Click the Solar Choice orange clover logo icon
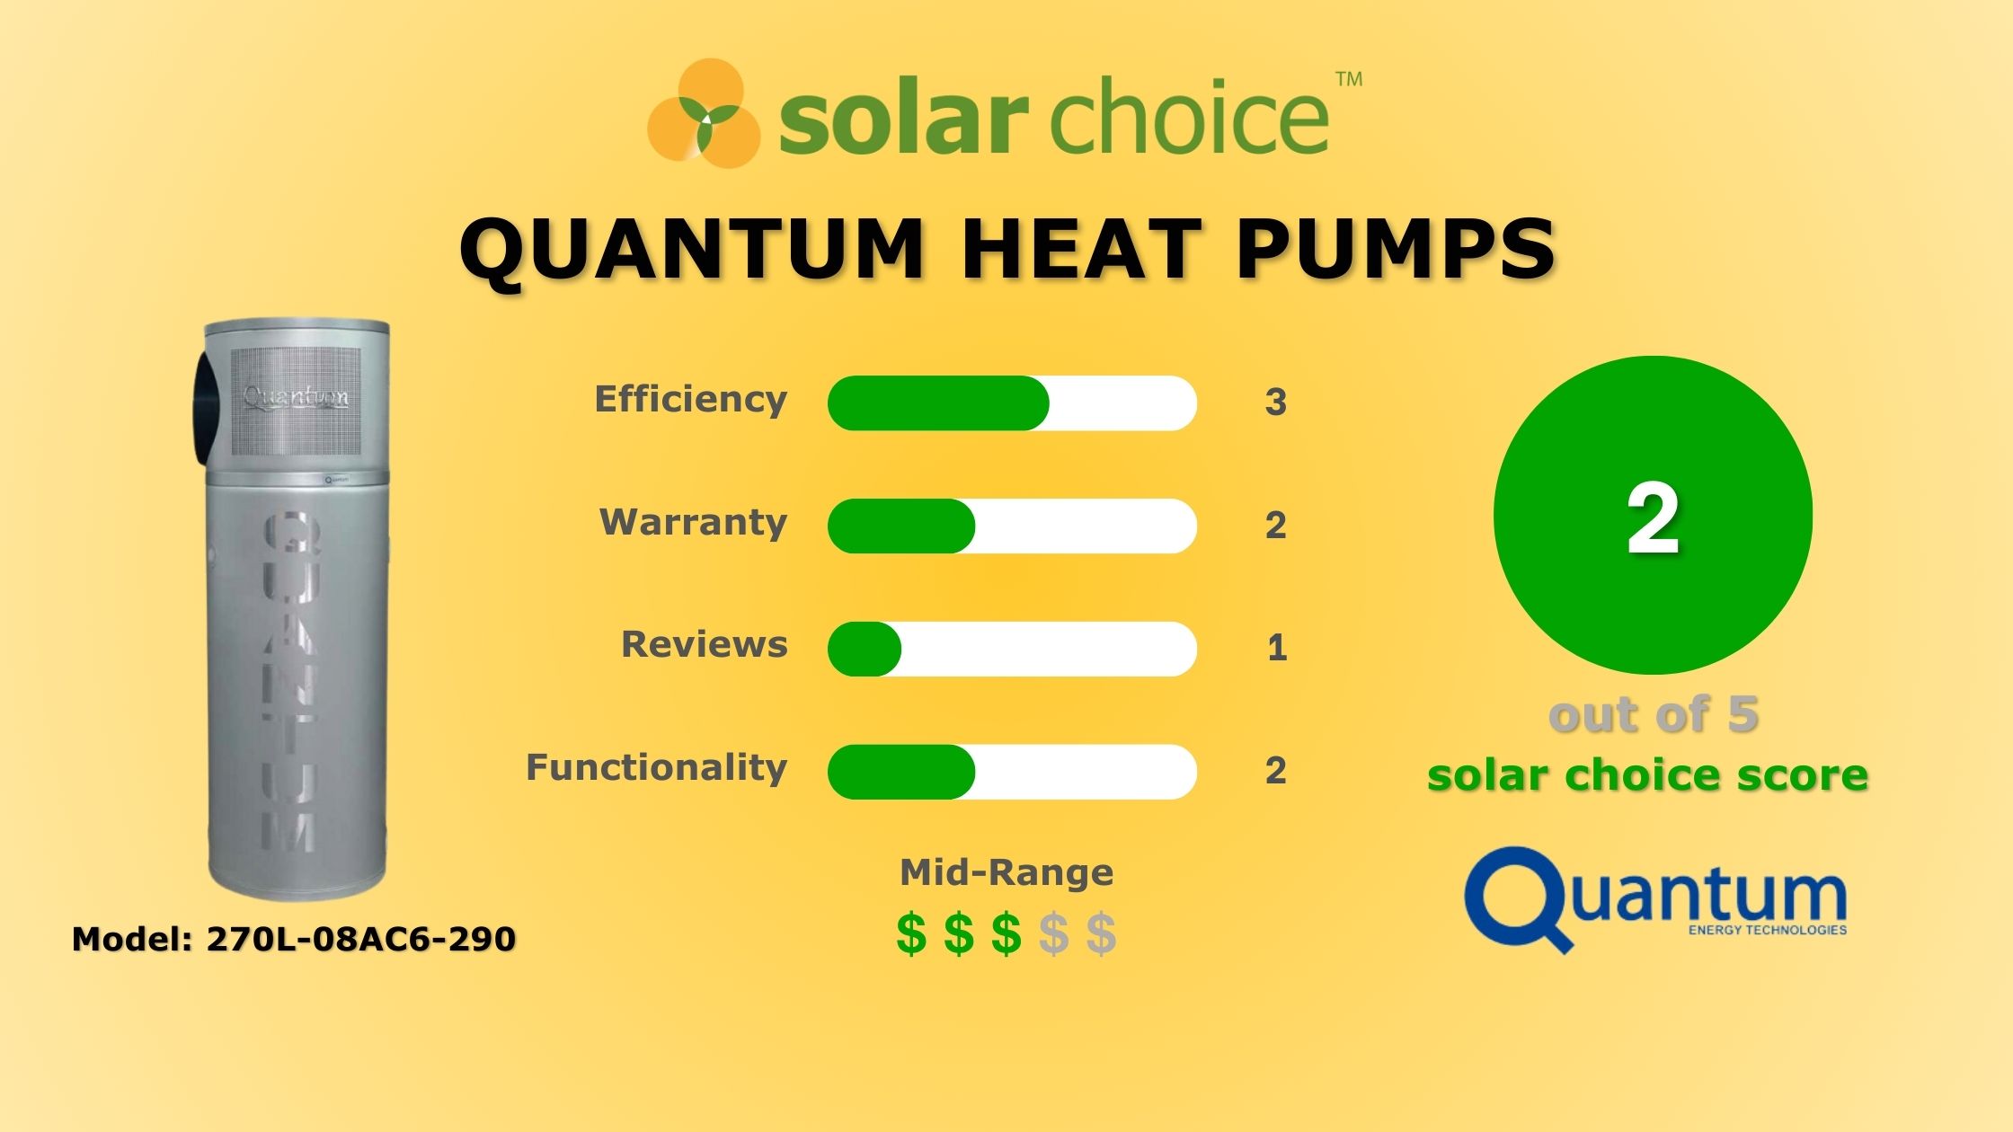pyautogui.click(x=704, y=114)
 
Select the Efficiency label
pyautogui.click(x=690, y=400)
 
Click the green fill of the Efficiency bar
pyautogui.click(x=937, y=403)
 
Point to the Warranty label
pyautogui.click(x=693, y=523)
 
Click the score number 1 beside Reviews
pyautogui.click(x=1276, y=648)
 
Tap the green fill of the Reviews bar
pyautogui.click(x=864, y=649)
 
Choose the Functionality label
pyautogui.click(x=656, y=768)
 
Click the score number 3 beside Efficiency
pyautogui.click(x=1275, y=402)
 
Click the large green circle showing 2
pyautogui.click(x=1652, y=515)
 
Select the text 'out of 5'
pyautogui.click(x=1653, y=715)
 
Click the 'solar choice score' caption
pyautogui.click(x=1647, y=775)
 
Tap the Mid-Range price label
pyautogui.click(x=1006, y=872)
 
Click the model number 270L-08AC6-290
pyautogui.click(x=360, y=940)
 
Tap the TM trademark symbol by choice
pyautogui.click(x=1349, y=80)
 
